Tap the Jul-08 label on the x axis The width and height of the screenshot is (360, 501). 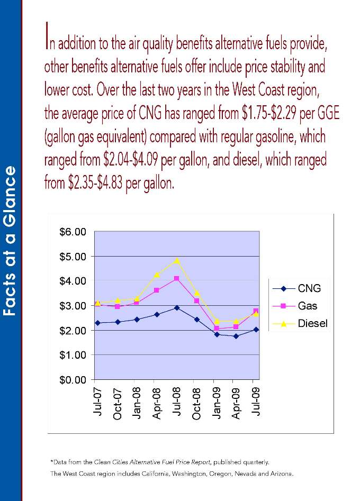click(176, 402)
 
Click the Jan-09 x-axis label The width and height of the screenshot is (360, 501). click(216, 402)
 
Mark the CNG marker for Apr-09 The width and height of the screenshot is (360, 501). click(236, 336)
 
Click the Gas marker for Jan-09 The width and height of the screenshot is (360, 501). click(216, 329)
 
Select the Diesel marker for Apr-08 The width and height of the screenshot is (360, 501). click(157, 275)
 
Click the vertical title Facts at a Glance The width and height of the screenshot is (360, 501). click(11, 241)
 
